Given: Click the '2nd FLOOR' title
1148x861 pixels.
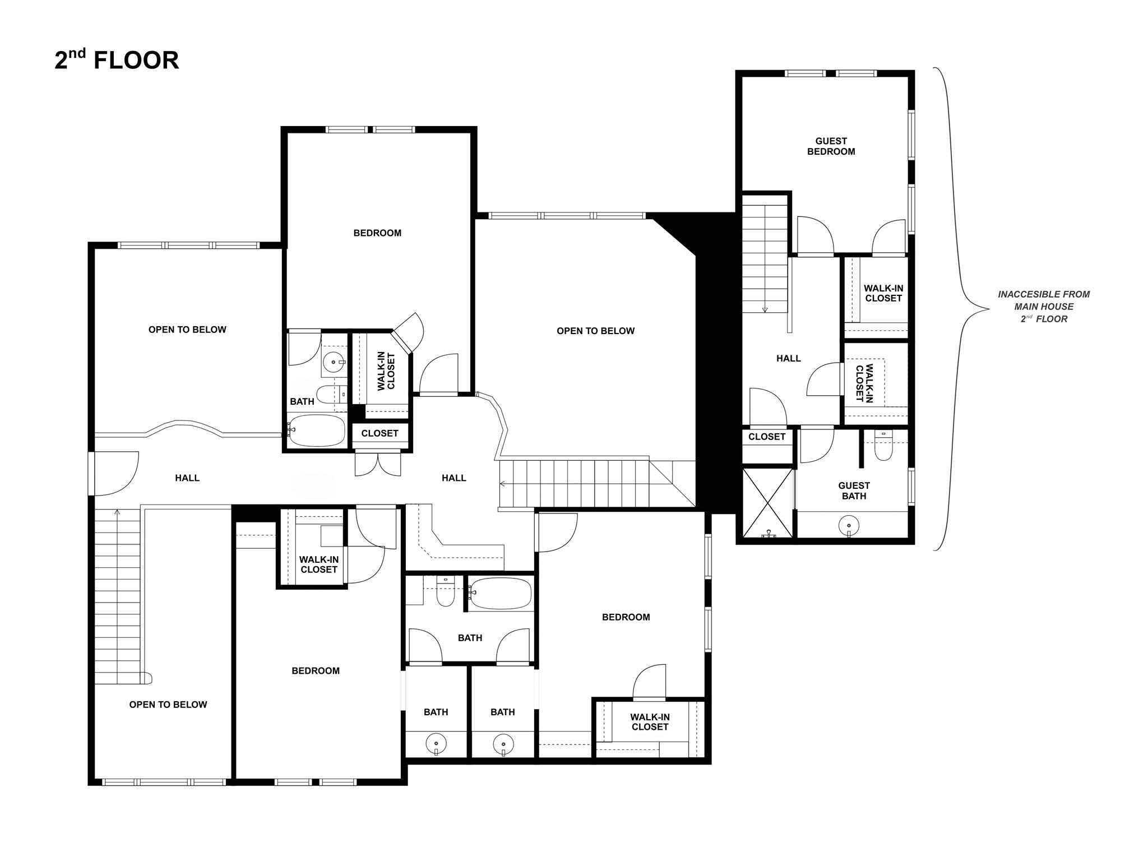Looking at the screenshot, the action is coord(117,60).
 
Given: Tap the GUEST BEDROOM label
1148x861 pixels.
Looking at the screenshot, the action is coord(831,146).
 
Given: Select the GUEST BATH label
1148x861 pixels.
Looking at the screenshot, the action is coord(854,490).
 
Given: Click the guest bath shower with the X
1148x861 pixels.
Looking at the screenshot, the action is coord(768,503).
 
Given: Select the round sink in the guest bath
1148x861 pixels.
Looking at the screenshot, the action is coord(849,526).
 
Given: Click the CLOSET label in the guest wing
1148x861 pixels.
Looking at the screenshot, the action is coord(766,437).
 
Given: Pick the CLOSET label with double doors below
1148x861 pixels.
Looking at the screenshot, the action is coord(379,433).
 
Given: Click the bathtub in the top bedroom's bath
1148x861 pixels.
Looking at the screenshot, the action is coord(317,430).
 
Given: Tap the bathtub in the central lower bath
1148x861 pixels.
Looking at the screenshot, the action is coord(500,594).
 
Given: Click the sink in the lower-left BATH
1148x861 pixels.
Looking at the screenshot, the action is coord(436,744).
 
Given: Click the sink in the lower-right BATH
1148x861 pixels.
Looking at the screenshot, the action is coord(503,744).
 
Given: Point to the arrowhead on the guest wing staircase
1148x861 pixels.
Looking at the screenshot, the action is coord(765,309).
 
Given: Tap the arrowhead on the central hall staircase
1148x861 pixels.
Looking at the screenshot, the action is coord(502,483).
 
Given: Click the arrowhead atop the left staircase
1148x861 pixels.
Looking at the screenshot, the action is coord(117,511).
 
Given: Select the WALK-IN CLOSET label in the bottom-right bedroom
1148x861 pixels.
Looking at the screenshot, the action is coord(650,721).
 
